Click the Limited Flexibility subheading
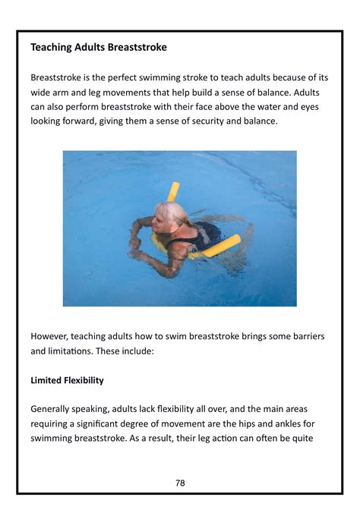67,380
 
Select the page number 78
180,483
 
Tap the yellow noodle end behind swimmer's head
173,190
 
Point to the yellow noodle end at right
231,242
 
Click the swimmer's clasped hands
136,244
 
